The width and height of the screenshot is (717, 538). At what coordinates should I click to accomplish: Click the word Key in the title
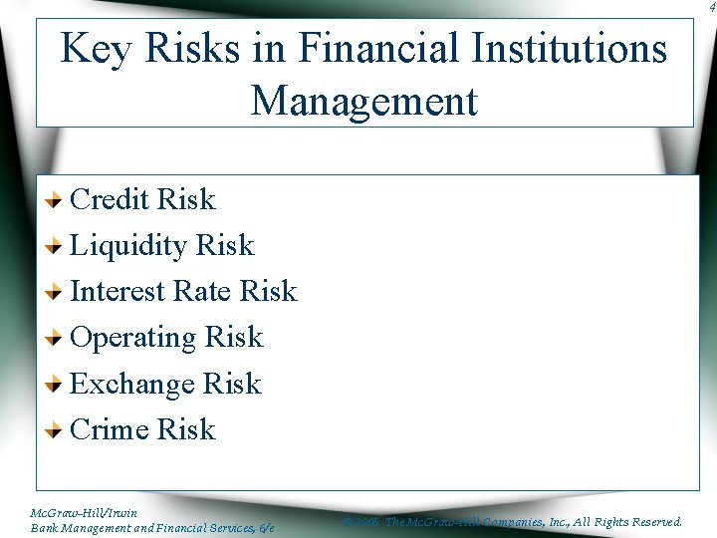pyautogui.click(x=97, y=48)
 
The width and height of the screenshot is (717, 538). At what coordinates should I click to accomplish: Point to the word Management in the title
pyautogui.click(x=364, y=101)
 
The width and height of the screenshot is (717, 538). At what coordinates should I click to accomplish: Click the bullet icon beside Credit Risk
pyautogui.click(x=57, y=200)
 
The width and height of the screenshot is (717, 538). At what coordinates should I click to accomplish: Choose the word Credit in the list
pyautogui.click(x=110, y=199)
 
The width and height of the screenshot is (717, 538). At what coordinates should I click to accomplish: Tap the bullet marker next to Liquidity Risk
pyautogui.click(x=57, y=246)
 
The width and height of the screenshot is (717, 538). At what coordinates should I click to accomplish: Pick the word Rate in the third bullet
pyautogui.click(x=202, y=291)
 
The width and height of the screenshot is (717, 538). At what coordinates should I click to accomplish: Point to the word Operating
pyautogui.click(x=133, y=338)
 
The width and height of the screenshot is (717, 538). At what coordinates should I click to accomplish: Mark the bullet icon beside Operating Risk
pyautogui.click(x=57, y=338)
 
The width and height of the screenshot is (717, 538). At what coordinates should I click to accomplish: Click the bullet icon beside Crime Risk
pyautogui.click(x=57, y=430)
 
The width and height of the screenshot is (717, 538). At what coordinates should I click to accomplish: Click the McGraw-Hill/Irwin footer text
pyautogui.click(x=84, y=512)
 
